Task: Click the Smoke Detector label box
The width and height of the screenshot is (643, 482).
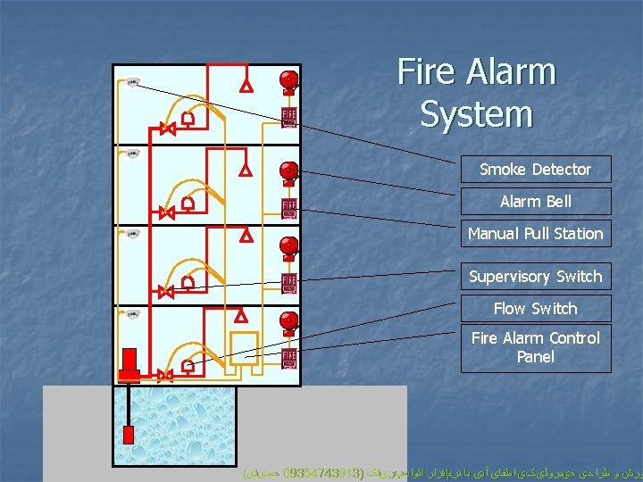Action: coord(535,170)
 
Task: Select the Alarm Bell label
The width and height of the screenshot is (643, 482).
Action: coord(535,202)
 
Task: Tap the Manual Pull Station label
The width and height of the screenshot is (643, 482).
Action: coord(535,234)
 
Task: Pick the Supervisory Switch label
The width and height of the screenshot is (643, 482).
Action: coord(535,277)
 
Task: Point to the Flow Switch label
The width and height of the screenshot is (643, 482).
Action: coord(535,309)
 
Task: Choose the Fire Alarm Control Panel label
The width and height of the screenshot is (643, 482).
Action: coord(535,347)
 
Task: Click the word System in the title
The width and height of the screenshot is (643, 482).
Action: coord(476,115)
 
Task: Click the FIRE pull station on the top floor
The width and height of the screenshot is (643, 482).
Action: coord(289,118)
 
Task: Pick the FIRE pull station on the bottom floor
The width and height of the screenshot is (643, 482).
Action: coord(289,359)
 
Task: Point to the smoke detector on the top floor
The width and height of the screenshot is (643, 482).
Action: coord(132,83)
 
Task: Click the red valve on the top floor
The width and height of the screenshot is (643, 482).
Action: coord(167,129)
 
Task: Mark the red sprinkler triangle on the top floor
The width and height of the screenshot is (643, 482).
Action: coord(246,87)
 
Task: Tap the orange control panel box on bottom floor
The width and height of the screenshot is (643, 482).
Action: coord(243,347)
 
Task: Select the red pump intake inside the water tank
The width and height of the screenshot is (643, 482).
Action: coord(129,435)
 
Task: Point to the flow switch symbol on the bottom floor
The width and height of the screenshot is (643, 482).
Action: coord(188,365)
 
